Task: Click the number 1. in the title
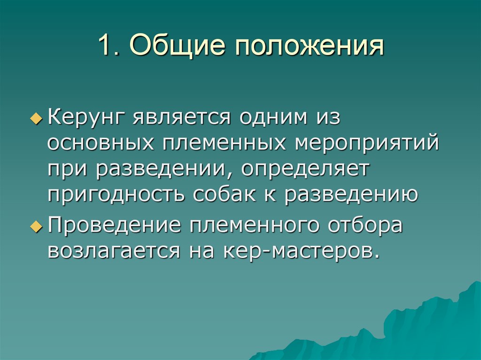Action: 109,46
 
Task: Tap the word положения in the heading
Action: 307,46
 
